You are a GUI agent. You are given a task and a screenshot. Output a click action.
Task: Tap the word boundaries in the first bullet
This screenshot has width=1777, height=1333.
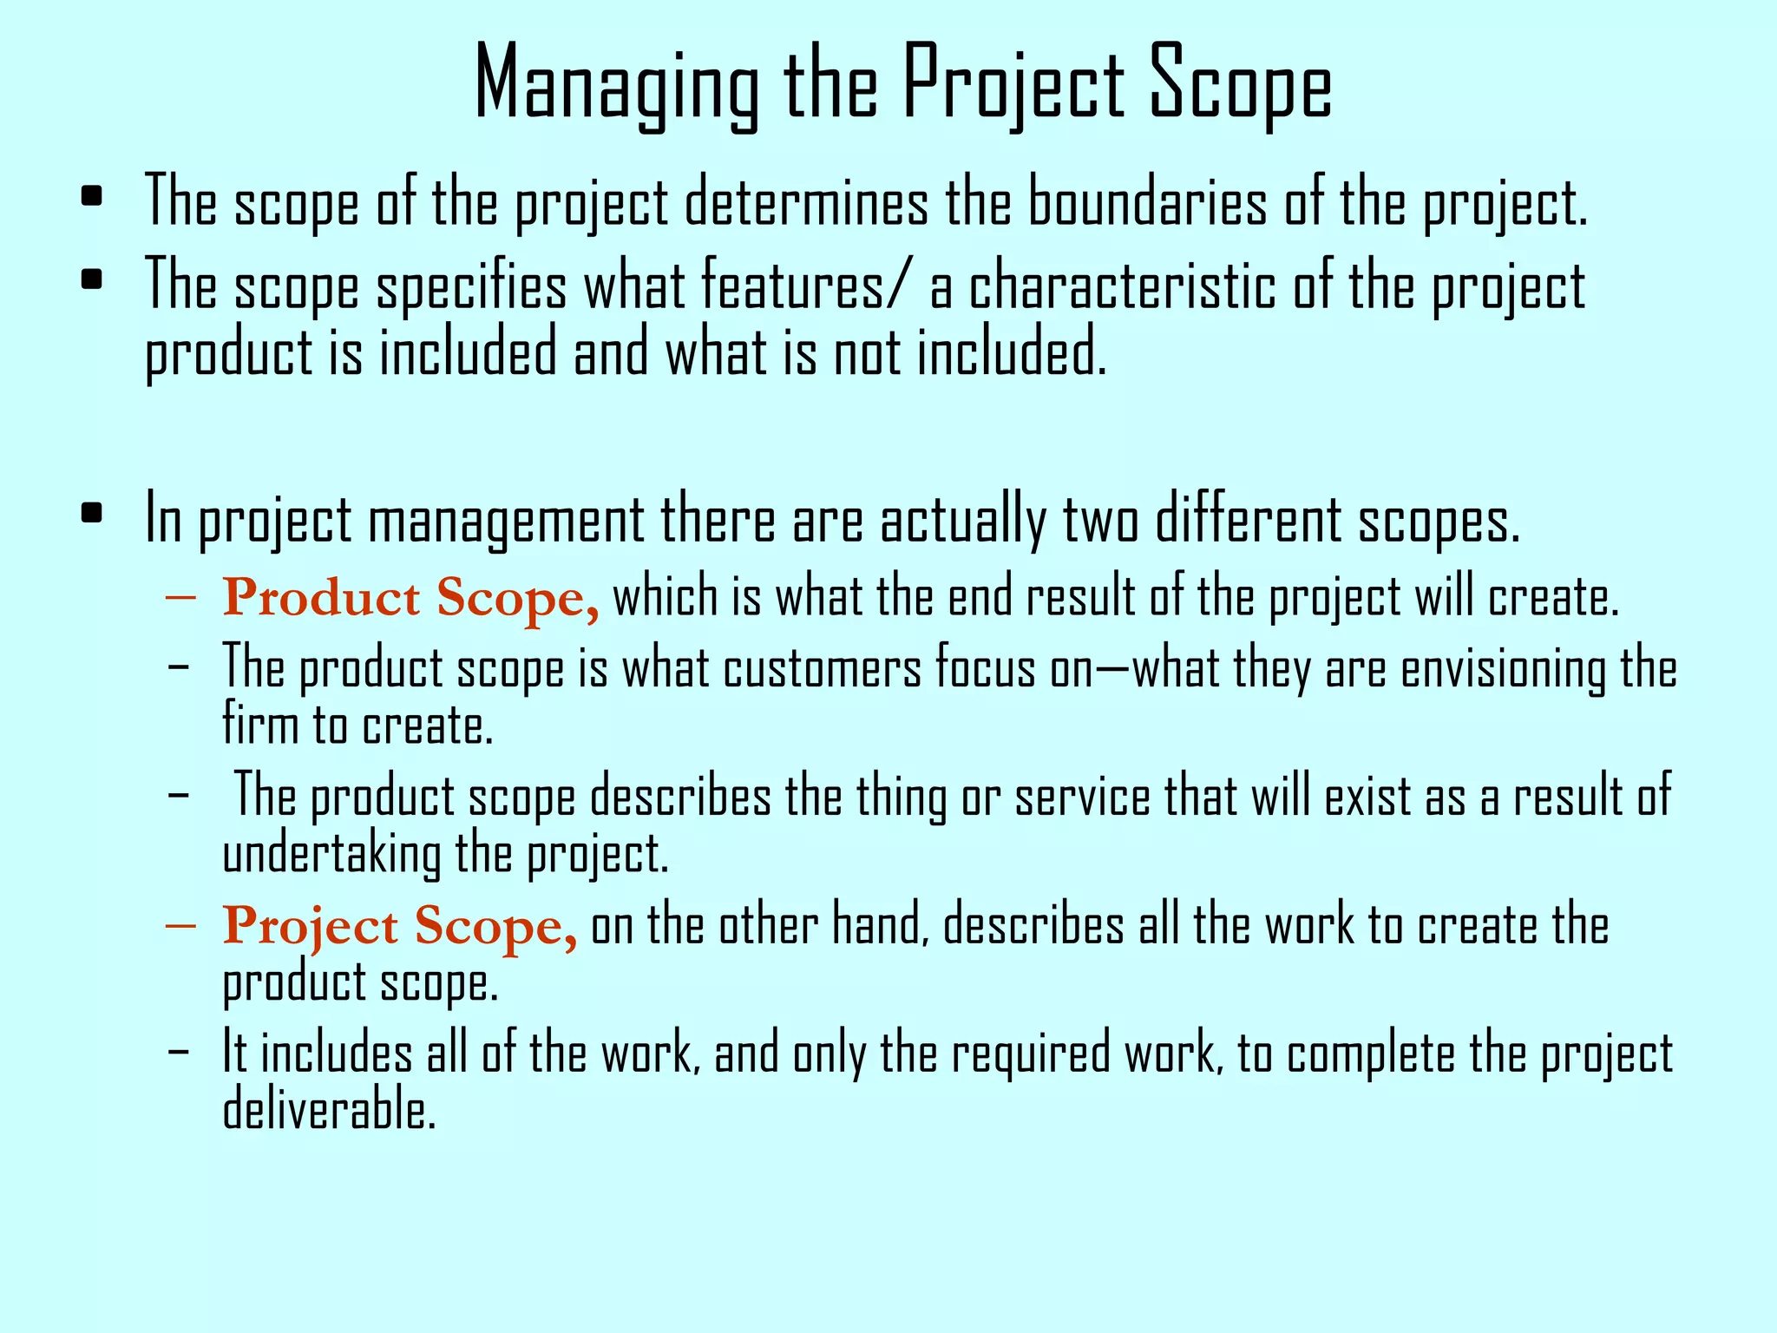coord(1147,203)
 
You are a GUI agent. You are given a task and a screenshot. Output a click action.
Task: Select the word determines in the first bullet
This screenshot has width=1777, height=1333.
coord(806,203)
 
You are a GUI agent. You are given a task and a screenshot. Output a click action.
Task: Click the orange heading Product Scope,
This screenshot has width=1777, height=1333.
coord(410,599)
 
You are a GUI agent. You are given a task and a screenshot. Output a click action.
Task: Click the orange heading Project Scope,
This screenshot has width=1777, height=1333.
coord(400,927)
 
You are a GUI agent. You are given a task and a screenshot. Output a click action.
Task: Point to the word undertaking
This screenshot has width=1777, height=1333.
coord(332,854)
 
